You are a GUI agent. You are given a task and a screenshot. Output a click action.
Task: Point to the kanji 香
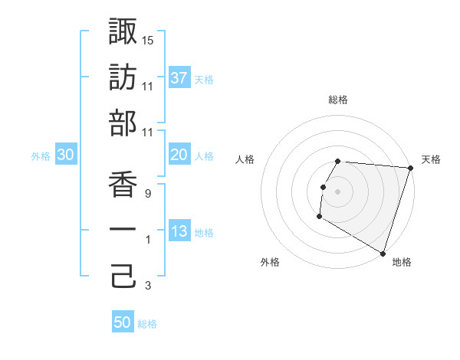[123, 185]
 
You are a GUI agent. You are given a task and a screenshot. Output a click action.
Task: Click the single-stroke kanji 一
[123, 231]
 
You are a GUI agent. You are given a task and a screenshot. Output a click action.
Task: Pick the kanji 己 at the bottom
[123, 277]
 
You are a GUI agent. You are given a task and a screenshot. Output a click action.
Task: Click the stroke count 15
[148, 39]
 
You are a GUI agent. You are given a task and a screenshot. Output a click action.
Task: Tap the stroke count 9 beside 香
[148, 195]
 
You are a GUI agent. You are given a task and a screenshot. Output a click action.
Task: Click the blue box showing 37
[179, 77]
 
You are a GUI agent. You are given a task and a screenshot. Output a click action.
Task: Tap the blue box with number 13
[179, 232]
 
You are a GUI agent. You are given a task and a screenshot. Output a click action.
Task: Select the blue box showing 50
[123, 322]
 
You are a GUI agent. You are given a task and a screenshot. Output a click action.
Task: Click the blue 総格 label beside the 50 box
[147, 324]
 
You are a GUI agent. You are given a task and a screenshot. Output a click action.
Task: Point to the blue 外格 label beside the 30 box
[41, 156]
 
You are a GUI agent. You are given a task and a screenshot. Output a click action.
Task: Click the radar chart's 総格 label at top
[338, 100]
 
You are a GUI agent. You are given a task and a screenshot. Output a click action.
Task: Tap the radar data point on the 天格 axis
[410, 169]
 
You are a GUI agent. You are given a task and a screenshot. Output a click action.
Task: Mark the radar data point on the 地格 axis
[382, 253]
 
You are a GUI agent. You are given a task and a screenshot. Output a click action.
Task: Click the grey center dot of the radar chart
[338, 191]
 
